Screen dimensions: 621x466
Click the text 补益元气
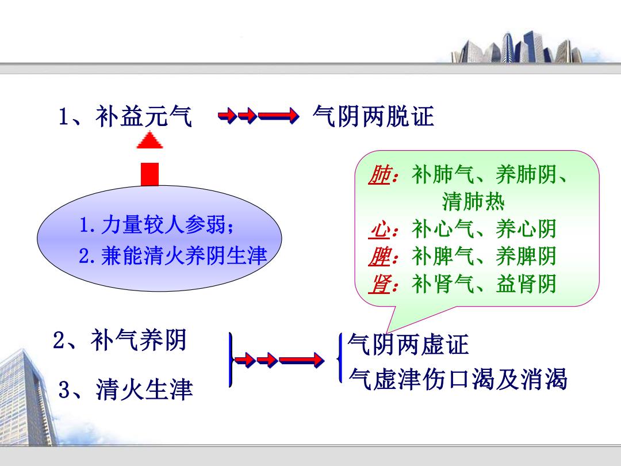pyautogui.click(x=144, y=116)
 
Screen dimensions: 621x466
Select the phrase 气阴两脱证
pyautogui.click(x=374, y=116)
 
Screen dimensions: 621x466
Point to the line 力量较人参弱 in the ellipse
pyautogui.click(x=157, y=225)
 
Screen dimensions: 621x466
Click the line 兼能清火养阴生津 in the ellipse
pyautogui.click(x=173, y=255)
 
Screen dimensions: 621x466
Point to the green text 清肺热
pyautogui.click(x=473, y=201)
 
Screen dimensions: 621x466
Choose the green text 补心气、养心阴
pyautogui.click(x=484, y=229)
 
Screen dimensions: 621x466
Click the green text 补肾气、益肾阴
pyautogui.click(x=484, y=284)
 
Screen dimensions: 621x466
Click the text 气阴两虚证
pyautogui.click(x=408, y=344)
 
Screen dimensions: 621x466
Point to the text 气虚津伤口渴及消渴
pyautogui.click(x=458, y=379)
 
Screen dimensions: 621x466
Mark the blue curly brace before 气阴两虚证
pyautogui.click(x=339, y=358)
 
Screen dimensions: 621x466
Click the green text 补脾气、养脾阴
pyautogui.click(x=484, y=257)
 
